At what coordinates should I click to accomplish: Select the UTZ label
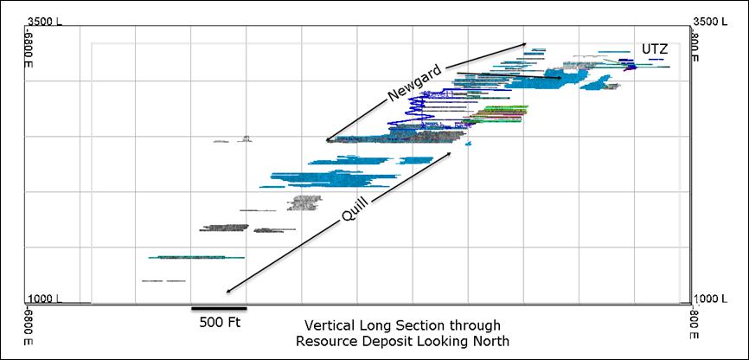(655, 49)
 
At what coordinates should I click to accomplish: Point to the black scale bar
(219, 307)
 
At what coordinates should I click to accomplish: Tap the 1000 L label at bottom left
(42, 298)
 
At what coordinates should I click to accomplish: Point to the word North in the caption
(491, 341)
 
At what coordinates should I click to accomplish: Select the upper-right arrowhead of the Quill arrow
(450, 153)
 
